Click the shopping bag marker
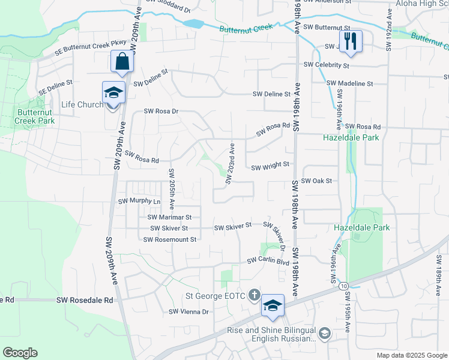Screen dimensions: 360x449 [x=122, y=61]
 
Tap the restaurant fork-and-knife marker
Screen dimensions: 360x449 [x=351, y=42]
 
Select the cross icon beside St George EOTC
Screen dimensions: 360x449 [x=255, y=295]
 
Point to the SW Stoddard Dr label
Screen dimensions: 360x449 [x=166, y=9]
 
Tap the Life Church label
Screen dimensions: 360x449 [x=83, y=105]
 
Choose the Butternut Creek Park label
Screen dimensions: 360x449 [x=35, y=116]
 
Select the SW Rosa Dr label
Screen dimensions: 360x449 [x=161, y=111]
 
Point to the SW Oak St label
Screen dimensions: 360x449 [x=316, y=181]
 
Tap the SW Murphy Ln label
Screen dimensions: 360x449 [x=140, y=202]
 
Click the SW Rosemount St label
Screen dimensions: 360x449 [x=170, y=239]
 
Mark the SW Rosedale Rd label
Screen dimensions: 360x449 [x=85, y=299]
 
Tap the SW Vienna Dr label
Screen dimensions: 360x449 [x=188, y=311]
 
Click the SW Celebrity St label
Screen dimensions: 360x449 [x=327, y=65]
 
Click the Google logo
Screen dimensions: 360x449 [x=20, y=353]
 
